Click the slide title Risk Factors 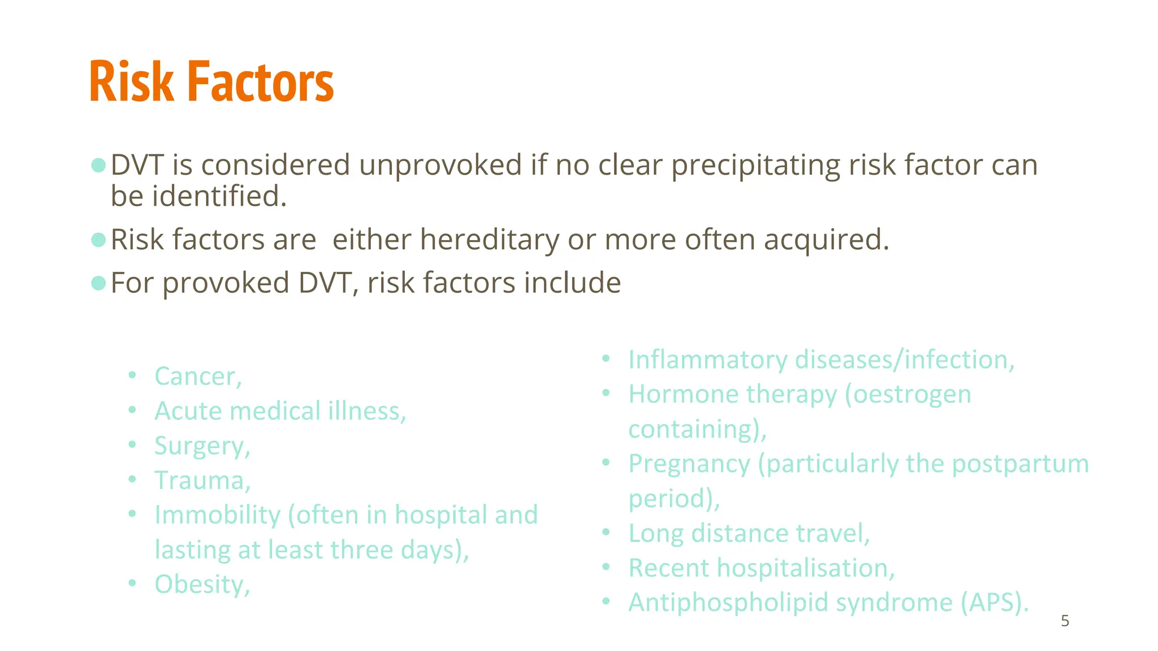(x=211, y=83)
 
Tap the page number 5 (x=1065, y=621)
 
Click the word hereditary (x=489, y=240)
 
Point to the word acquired (x=826, y=240)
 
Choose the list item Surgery (x=202, y=446)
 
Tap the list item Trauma (x=202, y=481)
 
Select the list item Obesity (x=202, y=584)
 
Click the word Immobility (x=218, y=515)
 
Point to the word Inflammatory (x=707, y=360)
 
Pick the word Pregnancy (x=689, y=464)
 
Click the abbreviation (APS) (x=994, y=602)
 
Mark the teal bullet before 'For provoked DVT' (x=98, y=283)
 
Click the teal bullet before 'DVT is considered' (x=98, y=165)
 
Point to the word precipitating (x=755, y=165)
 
